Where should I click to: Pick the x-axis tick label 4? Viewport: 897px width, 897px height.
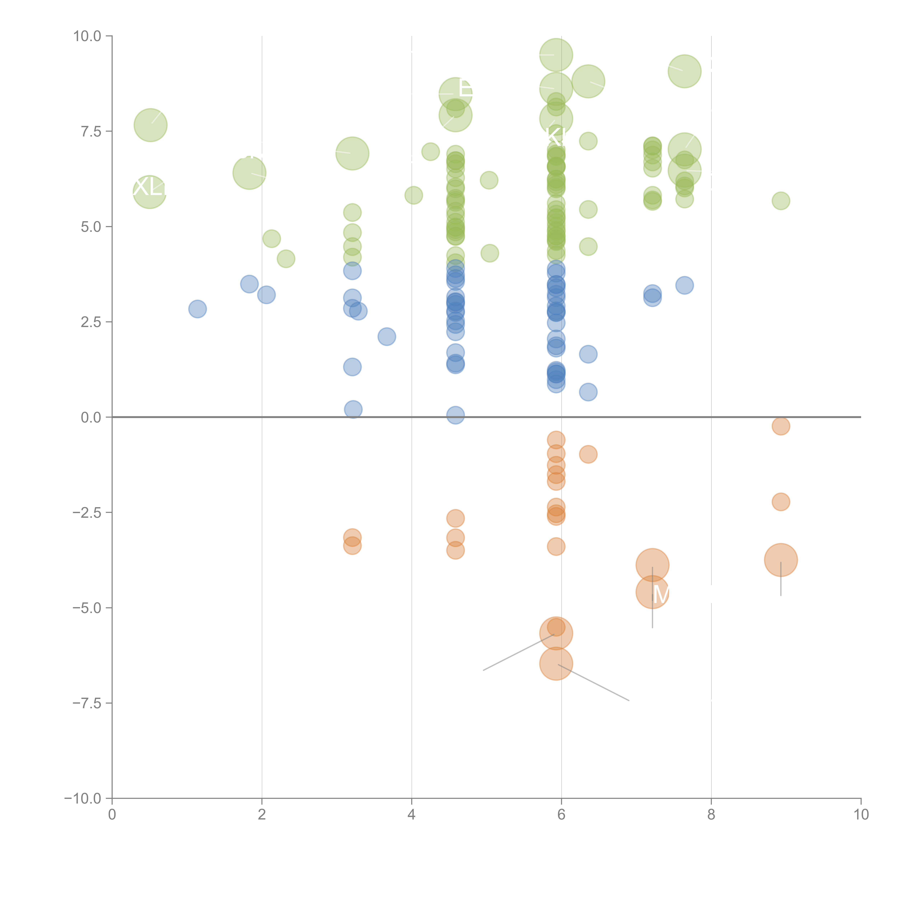pos(411,815)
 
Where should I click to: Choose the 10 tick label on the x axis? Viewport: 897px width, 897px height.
pos(861,815)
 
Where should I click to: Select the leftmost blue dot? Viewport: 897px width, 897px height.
pos(197,309)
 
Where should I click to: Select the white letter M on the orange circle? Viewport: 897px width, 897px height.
pos(661,594)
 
